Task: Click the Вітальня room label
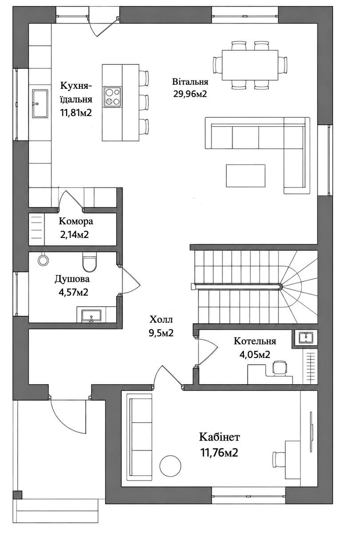(190, 82)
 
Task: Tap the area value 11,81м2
(76, 112)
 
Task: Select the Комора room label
(76, 221)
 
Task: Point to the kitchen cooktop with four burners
(112, 97)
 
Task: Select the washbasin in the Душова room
(91, 316)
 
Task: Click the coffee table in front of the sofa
(245, 175)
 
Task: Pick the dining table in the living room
(250, 65)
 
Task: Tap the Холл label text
(161, 320)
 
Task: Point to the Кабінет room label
(219, 437)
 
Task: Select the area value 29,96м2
(190, 94)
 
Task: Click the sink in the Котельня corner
(306, 338)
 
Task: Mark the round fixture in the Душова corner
(43, 259)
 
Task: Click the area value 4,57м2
(74, 292)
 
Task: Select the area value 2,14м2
(75, 235)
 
